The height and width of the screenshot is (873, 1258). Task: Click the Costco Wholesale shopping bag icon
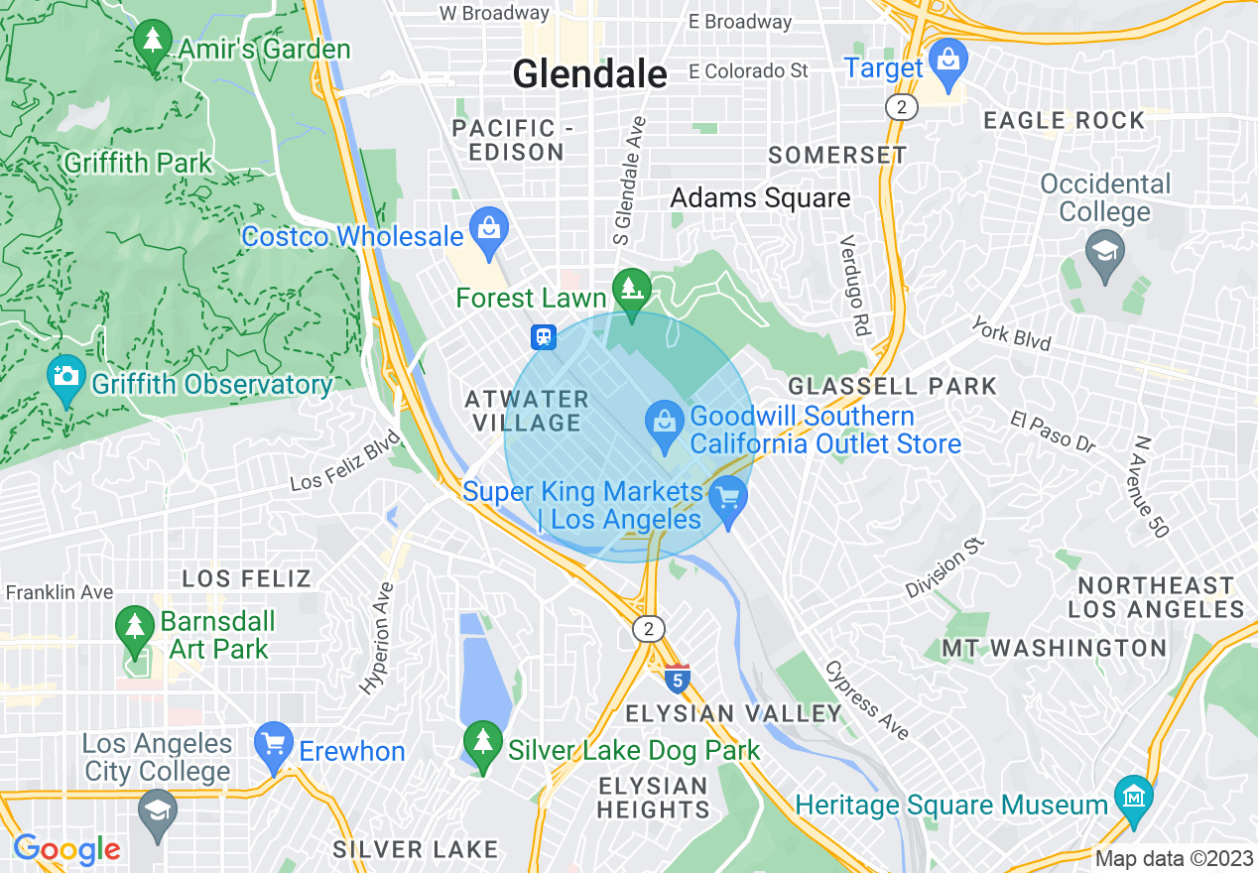(489, 225)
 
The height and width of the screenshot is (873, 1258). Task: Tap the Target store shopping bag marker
(948, 59)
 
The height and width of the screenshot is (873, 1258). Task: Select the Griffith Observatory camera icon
(66, 377)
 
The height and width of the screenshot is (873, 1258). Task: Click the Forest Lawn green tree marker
(630, 289)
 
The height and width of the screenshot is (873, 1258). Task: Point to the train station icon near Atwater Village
(544, 337)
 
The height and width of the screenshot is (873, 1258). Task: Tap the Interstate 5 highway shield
(677, 679)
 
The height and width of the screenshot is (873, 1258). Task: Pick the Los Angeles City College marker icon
(157, 811)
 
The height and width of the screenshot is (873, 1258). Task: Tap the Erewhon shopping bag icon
(272, 744)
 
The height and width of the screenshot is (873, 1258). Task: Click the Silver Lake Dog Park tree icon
(483, 740)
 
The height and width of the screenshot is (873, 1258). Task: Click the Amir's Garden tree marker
(152, 41)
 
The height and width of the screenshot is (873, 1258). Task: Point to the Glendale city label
(589, 73)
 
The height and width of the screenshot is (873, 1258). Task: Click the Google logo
(66, 849)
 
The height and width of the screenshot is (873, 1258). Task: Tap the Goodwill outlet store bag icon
(663, 421)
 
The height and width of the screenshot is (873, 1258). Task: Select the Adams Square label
(760, 197)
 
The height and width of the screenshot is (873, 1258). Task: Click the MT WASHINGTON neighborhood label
(1054, 648)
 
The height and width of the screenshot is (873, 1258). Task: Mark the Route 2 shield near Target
(901, 108)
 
